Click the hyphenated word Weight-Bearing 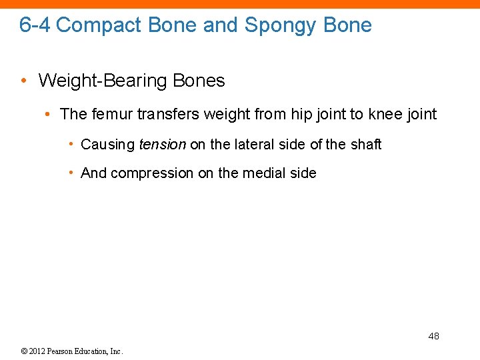click(x=103, y=81)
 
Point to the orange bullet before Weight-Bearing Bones click(x=24, y=81)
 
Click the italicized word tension click(x=162, y=144)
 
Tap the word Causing click(x=107, y=144)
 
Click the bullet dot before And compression click(x=71, y=173)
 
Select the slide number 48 click(x=433, y=336)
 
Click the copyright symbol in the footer click(x=23, y=351)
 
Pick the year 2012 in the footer click(x=35, y=351)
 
